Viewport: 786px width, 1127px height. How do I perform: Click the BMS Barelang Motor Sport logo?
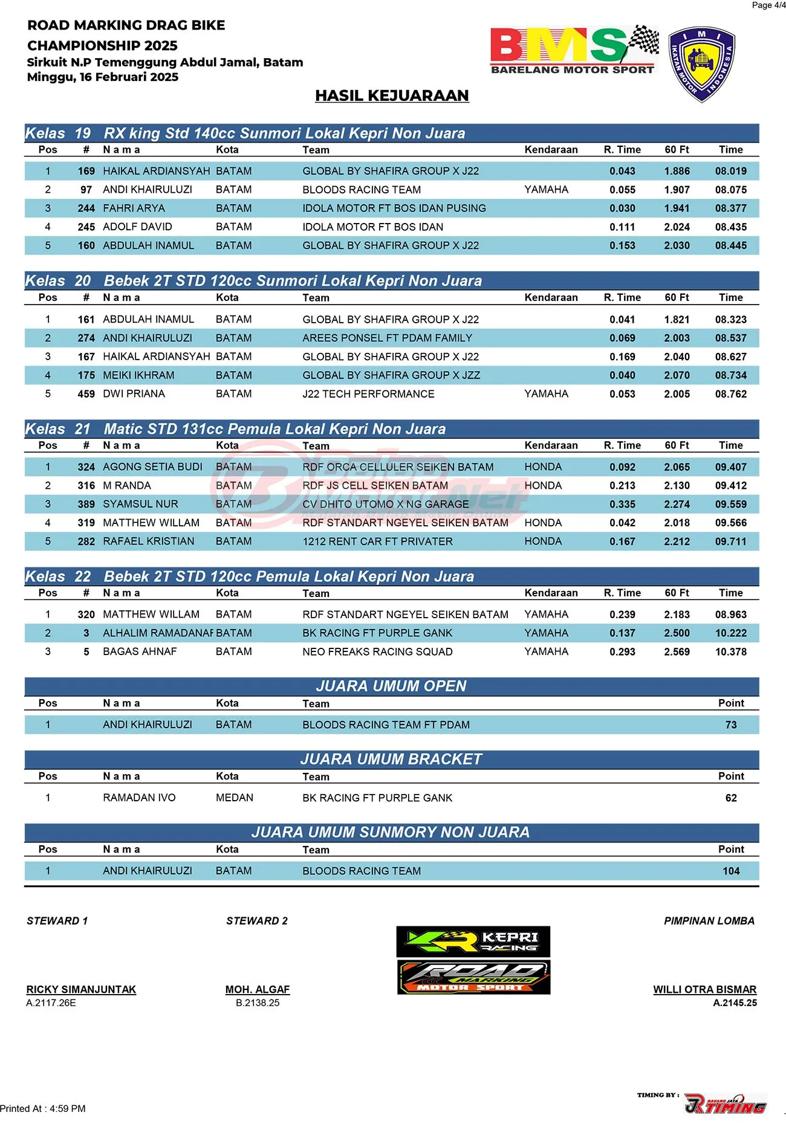click(573, 50)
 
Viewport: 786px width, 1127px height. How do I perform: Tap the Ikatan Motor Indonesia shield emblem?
click(701, 63)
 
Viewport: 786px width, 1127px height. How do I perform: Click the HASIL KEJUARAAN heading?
click(392, 95)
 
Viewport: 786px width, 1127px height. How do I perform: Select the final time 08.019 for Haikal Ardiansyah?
click(730, 171)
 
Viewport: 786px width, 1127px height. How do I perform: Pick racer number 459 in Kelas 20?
click(86, 394)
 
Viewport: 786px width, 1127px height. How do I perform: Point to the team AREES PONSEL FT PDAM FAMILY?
click(387, 338)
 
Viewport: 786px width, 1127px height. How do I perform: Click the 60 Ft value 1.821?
click(677, 320)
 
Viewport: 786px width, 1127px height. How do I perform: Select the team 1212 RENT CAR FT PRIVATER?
click(377, 541)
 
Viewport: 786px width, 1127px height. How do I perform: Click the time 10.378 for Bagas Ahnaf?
click(730, 652)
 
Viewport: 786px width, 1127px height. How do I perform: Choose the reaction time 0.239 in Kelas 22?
click(622, 615)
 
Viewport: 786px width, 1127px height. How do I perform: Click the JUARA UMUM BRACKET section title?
click(391, 759)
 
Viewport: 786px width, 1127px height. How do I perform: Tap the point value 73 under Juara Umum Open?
click(731, 725)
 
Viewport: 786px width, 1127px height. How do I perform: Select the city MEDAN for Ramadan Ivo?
click(235, 798)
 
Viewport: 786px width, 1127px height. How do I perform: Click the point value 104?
click(731, 871)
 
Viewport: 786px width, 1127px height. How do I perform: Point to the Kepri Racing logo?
click(473, 941)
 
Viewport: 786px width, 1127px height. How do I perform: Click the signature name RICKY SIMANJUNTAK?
click(81, 989)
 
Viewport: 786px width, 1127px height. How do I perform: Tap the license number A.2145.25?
click(735, 1003)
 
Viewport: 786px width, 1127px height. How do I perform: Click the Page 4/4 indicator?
click(768, 5)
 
